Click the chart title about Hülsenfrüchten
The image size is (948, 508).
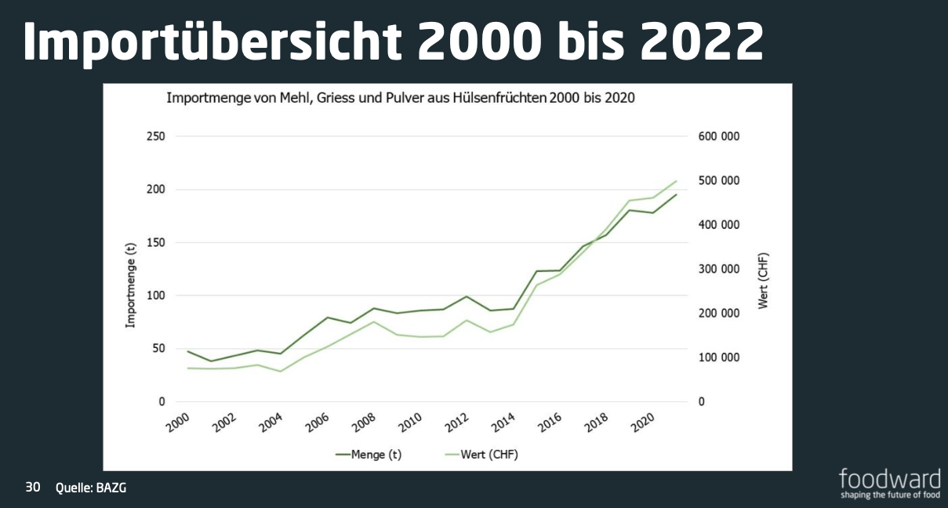pyautogui.click(x=400, y=99)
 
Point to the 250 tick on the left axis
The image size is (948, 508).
pyautogui.click(x=156, y=136)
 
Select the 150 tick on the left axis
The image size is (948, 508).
pyautogui.click(x=156, y=242)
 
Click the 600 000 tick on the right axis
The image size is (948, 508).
pyautogui.click(x=718, y=136)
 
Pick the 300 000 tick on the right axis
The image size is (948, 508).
pyautogui.click(x=718, y=269)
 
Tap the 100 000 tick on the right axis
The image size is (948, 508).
pyautogui.click(x=718, y=357)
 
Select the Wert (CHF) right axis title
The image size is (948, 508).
pyautogui.click(x=764, y=280)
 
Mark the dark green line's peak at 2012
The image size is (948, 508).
pyautogui.click(x=467, y=296)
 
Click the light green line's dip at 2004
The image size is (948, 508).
pyautogui.click(x=280, y=371)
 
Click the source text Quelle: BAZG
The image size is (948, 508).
pyautogui.click(x=91, y=488)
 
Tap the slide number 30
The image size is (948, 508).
pyautogui.click(x=33, y=487)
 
